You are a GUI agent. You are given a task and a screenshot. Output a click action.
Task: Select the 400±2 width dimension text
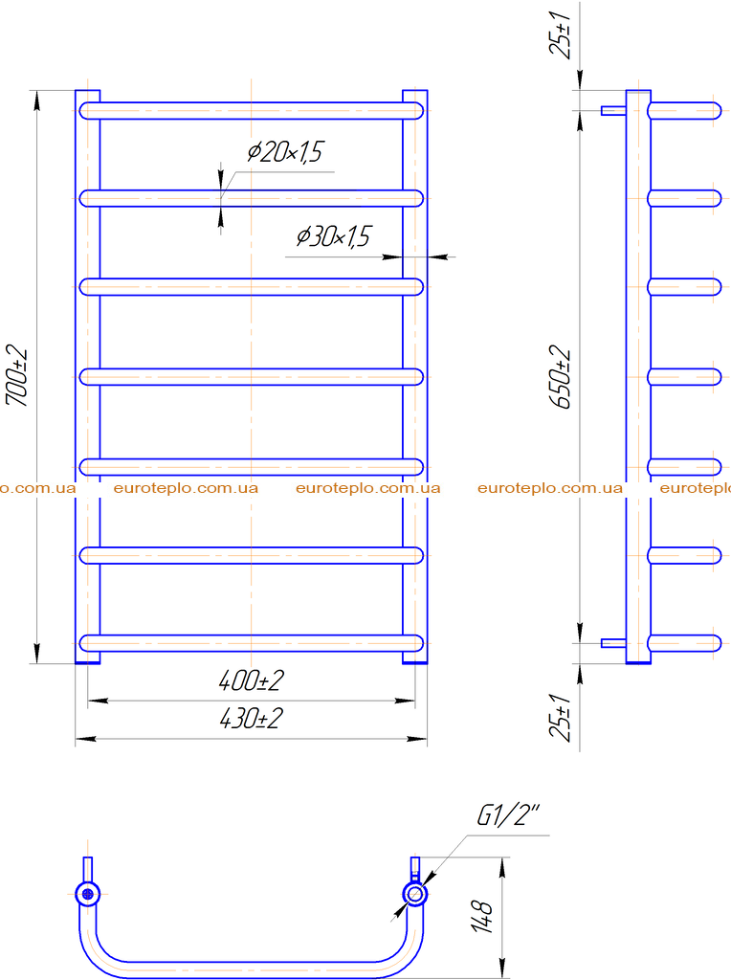252,680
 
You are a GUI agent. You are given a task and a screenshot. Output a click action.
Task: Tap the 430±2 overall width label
252,719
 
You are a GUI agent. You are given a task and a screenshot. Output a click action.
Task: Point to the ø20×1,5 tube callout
285,152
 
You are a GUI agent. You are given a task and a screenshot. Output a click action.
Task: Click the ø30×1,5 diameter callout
333,237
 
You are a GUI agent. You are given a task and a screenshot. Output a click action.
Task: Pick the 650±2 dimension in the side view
561,377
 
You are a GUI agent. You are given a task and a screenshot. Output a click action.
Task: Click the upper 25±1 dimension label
561,34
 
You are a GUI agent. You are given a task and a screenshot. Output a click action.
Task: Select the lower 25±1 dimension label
561,717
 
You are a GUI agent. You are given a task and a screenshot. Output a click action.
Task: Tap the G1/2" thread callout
508,815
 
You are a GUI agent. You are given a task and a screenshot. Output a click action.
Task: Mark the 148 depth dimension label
481,917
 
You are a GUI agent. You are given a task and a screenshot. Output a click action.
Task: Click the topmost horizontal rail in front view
252,111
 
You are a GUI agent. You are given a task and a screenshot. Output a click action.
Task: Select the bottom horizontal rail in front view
252,643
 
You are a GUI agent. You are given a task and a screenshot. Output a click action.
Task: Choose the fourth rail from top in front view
252,377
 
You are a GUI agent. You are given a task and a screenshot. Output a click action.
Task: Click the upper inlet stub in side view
613,111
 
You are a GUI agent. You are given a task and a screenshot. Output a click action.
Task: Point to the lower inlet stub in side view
613,643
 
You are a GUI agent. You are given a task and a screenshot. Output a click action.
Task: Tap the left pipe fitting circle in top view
87,894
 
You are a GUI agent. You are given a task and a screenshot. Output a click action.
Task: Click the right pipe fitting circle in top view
415,894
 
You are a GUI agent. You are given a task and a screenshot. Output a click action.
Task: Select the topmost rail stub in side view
685,111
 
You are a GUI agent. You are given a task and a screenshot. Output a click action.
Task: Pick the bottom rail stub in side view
685,643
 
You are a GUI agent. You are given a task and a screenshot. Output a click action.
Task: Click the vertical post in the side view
638,376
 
